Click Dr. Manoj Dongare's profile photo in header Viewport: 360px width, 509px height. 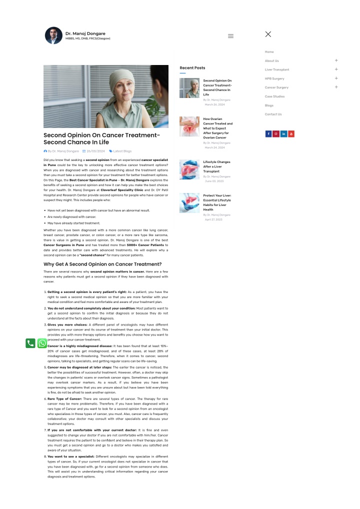[x=54, y=35]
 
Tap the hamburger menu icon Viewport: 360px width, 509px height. [x=230, y=36]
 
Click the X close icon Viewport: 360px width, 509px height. [x=268, y=34]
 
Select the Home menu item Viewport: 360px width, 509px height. [x=269, y=52]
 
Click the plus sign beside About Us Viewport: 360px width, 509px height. [x=336, y=60]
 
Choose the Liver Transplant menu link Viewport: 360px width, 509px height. [x=277, y=69]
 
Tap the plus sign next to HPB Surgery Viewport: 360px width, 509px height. [x=336, y=78]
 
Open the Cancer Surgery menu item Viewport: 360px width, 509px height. [x=276, y=87]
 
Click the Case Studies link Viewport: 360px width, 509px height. [x=274, y=96]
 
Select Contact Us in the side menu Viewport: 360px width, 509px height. [x=273, y=114]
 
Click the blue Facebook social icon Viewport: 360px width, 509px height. [x=268, y=134]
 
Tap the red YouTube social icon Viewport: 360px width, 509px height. [x=291, y=134]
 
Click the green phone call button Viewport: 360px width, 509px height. [x=30, y=343]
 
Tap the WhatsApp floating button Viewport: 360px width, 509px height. [x=42, y=343]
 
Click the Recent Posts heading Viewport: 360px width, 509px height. [x=192, y=68]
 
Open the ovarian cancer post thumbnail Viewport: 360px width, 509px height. [x=189, y=126]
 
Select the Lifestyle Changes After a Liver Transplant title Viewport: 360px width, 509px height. [x=217, y=166]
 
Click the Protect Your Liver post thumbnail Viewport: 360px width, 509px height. [x=189, y=203]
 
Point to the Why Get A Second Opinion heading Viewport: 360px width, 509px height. [x=102, y=264]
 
